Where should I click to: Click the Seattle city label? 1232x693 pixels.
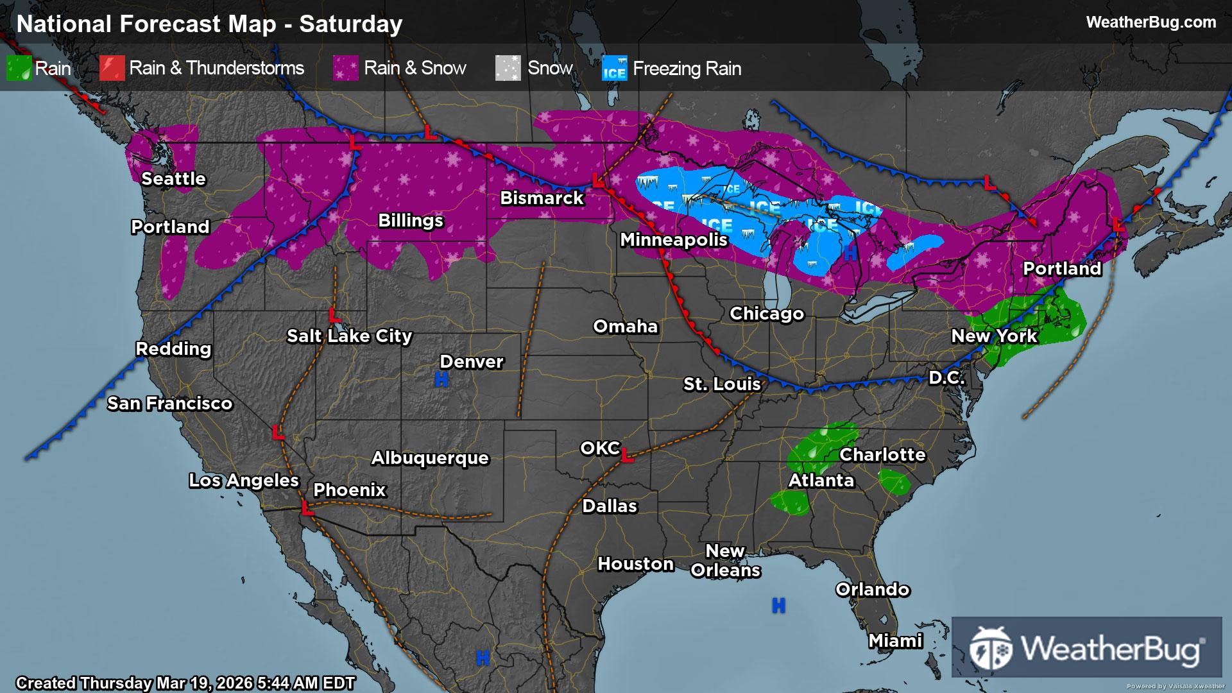173,179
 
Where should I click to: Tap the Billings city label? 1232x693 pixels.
411,221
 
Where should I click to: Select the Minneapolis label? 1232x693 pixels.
674,240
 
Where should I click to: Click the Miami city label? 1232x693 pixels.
895,640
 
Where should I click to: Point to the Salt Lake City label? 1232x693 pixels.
349,336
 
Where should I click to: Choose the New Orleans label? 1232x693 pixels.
725,561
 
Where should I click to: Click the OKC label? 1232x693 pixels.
600,448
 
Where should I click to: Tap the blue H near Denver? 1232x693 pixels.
441,380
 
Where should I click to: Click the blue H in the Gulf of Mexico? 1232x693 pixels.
778,605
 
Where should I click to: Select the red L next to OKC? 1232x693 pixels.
628,457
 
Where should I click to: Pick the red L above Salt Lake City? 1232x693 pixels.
334,315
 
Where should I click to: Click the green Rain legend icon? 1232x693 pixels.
19,68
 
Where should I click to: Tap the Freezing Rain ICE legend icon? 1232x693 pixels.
614,69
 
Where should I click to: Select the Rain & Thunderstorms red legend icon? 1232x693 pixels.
112,68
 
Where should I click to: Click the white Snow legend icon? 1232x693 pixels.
508,68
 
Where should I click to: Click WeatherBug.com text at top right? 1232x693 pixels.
1151,22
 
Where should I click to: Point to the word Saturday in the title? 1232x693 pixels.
350,24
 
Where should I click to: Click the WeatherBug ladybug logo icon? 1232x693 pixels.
990,647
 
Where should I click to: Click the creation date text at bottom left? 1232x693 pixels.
185,683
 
